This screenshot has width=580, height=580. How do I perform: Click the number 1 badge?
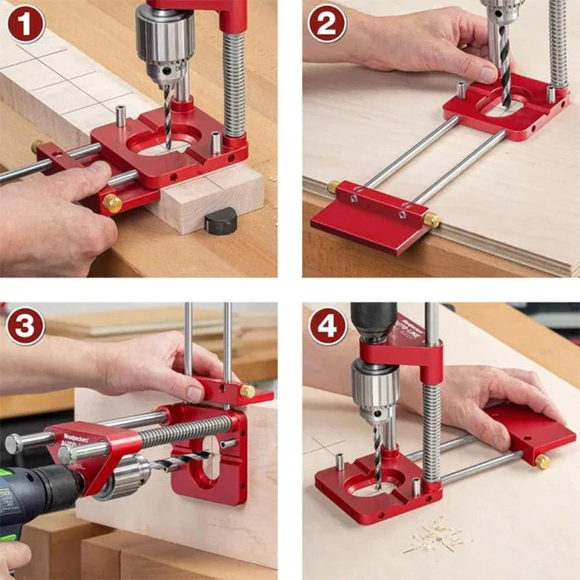25,25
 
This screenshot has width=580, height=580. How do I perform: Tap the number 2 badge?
326,25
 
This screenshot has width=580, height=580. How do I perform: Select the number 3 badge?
25,326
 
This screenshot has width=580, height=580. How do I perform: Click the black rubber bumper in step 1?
221,221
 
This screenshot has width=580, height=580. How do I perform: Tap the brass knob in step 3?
247,390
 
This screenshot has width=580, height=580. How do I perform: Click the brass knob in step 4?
543,461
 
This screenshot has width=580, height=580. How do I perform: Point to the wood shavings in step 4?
435,534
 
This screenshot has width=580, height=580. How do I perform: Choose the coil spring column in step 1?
234,83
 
